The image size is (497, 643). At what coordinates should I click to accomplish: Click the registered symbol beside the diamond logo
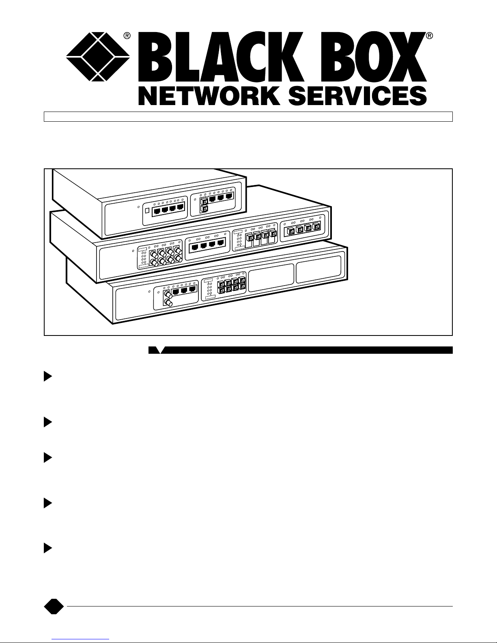click(x=127, y=36)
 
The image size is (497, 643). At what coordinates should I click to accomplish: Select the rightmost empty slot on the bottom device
click(x=318, y=270)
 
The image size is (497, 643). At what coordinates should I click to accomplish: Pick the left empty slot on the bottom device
click(x=271, y=278)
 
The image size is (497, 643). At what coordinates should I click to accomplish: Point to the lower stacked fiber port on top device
click(x=205, y=209)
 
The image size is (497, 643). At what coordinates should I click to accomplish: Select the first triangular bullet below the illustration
click(x=48, y=377)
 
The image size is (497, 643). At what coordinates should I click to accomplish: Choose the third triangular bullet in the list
click(x=48, y=458)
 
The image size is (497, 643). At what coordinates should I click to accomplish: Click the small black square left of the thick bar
click(x=152, y=350)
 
